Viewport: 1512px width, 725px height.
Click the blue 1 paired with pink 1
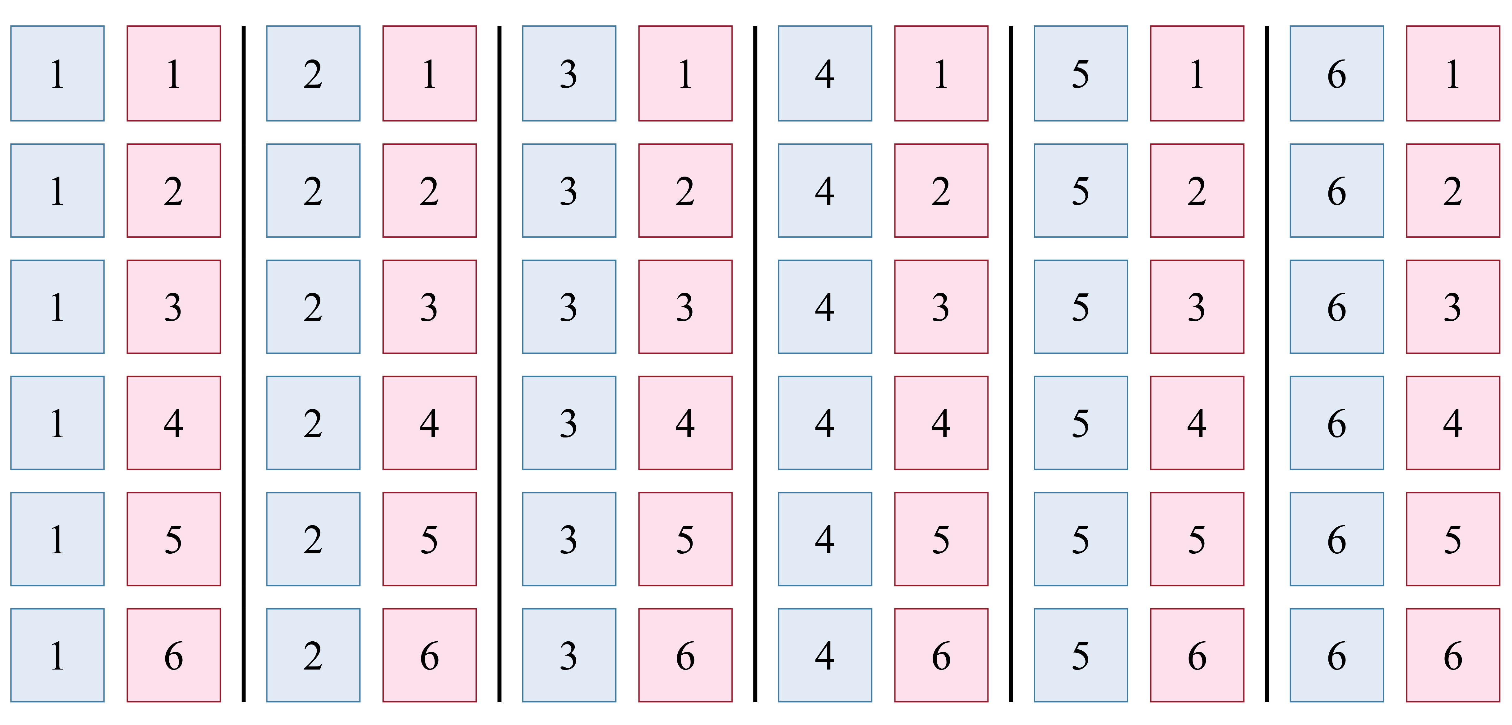tap(57, 73)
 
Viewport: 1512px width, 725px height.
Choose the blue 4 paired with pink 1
tap(825, 73)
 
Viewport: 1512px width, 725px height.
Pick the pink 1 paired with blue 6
tap(1453, 73)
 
